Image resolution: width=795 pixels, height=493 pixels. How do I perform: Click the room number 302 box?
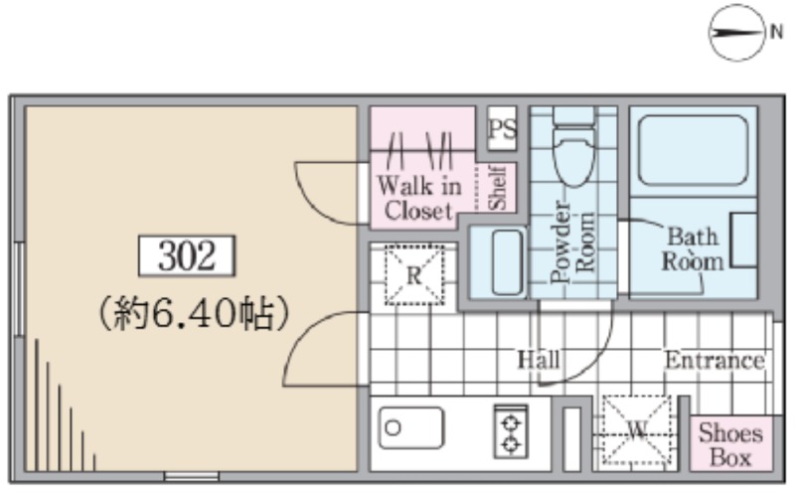click(x=187, y=255)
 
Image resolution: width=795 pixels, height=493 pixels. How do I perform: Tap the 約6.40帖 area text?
click(x=194, y=313)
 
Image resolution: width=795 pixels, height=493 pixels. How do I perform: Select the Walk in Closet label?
click(x=418, y=198)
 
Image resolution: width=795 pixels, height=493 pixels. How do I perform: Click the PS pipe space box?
click(x=502, y=128)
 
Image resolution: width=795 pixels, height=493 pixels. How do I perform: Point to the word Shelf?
click(x=497, y=187)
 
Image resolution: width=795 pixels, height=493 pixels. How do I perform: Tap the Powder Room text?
click(x=573, y=242)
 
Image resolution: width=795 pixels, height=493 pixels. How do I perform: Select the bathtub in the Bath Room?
click(x=693, y=151)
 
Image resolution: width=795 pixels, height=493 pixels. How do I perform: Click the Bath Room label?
click(x=693, y=249)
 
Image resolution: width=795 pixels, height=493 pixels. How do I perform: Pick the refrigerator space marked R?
click(x=414, y=275)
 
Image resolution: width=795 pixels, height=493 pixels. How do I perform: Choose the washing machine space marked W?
click(x=637, y=430)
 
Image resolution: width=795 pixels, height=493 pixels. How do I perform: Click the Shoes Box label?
click(x=730, y=445)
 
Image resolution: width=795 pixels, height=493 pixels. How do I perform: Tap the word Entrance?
click(x=715, y=361)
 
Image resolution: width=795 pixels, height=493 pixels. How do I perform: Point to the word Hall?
click(x=539, y=360)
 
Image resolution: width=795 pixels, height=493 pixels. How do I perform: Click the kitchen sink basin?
click(x=411, y=427)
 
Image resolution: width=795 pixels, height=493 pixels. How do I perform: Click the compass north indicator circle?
click(x=736, y=33)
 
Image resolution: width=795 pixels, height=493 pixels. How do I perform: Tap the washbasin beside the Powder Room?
click(x=507, y=262)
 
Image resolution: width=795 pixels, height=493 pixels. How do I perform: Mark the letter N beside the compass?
click(x=776, y=32)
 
